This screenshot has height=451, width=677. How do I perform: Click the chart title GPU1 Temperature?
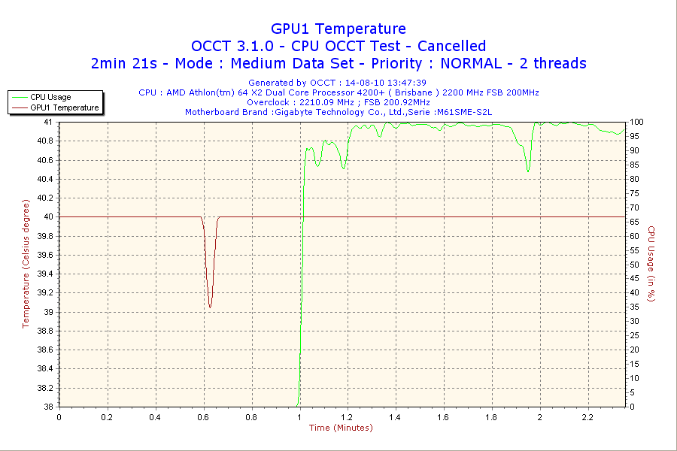point(338,29)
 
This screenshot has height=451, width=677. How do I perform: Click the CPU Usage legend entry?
point(50,97)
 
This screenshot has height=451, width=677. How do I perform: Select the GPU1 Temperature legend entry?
point(64,107)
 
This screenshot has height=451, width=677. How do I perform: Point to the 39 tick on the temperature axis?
point(48,312)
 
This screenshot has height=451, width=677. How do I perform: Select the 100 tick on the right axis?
point(636,122)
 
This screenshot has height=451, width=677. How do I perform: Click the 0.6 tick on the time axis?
point(203,416)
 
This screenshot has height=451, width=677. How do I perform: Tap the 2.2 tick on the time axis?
point(587,416)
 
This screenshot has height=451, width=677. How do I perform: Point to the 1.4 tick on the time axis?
point(396,416)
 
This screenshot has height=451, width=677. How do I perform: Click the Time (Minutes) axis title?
point(341,428)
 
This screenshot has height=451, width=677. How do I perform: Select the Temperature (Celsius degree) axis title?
point(26,263)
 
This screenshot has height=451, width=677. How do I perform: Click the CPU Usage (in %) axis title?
point(651,264)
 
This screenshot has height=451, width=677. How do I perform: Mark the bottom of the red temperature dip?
point(210,307)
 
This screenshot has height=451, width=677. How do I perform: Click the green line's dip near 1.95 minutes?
point(528,171)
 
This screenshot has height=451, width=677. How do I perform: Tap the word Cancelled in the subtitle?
point(451,46)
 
